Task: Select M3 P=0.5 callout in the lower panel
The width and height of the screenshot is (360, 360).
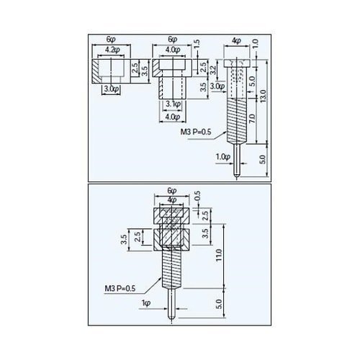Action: (x=120, y=288)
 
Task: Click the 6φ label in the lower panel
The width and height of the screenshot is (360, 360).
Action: (x=171, y=192)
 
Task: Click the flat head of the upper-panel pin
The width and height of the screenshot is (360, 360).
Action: (x=235, y=63)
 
